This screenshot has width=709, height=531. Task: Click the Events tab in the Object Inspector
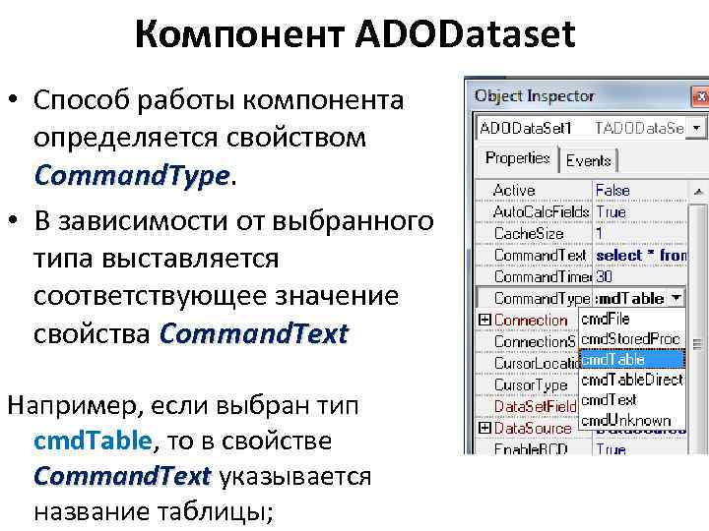point(588,160)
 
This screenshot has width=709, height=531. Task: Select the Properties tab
point(517,158)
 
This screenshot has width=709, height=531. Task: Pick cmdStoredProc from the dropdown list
point(630,339)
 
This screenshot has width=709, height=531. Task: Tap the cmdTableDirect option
point(631,380)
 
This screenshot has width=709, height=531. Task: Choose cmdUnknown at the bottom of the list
point(626,420)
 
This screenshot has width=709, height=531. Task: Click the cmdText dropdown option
point(608,400)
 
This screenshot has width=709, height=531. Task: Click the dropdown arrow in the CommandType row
point(677,297)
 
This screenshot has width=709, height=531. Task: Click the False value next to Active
point(612,190)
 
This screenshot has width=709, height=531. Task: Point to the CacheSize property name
point(528,233)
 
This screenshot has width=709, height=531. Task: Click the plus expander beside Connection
point(483,320)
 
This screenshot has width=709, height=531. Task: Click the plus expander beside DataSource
point(483,428)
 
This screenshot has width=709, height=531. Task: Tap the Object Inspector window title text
point(535,96)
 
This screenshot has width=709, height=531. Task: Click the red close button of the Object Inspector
point(700,96)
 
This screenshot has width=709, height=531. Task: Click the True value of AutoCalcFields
point(611,211)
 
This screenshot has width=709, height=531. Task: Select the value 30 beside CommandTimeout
point(605,276)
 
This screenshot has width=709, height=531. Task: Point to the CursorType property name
point(531,384)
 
